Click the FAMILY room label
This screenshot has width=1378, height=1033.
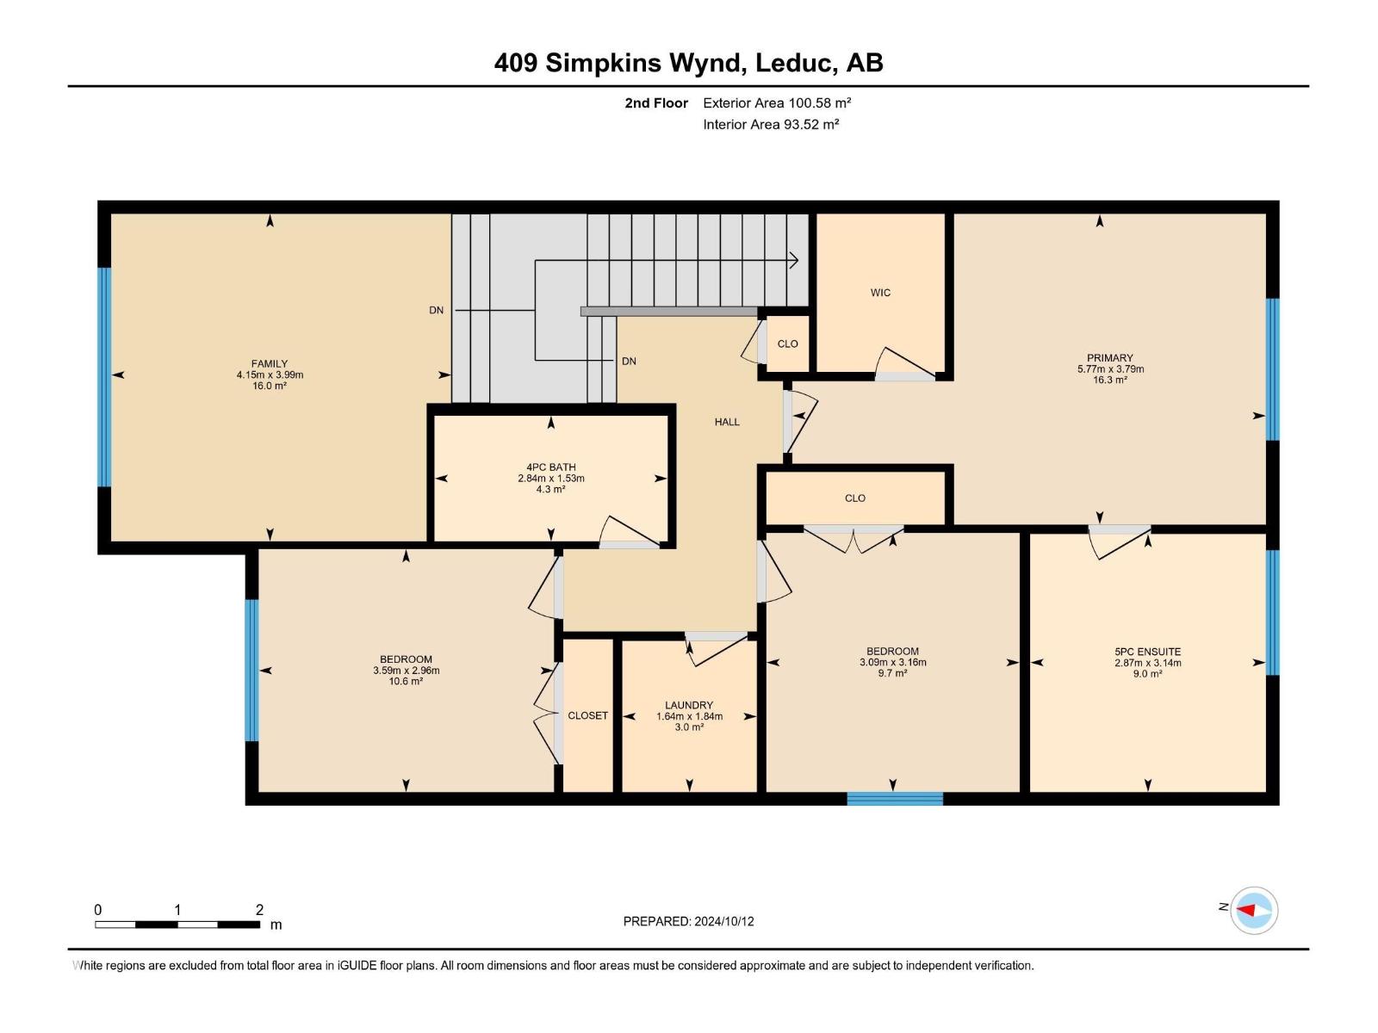point(270,364)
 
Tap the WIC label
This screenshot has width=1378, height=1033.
point(880,293)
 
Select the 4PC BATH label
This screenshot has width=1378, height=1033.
point(550,467)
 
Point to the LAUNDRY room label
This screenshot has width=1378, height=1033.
point(689,705)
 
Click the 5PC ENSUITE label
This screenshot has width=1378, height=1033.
point(1147,652)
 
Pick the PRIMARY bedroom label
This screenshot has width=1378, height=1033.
point(1110,358)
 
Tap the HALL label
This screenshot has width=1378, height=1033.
point(727,422)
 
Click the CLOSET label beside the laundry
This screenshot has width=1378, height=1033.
point(587,715)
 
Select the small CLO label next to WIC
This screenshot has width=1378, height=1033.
point(787,343)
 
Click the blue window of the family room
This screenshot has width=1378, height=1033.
point(104,377)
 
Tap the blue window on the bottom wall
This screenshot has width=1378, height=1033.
point(895,799)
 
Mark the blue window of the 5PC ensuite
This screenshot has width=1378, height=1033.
point(1273,612)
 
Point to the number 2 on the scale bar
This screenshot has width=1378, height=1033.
point(259,909)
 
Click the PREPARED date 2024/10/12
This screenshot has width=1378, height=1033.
point(723,921)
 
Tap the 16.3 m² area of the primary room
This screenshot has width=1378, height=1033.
point(1110,380)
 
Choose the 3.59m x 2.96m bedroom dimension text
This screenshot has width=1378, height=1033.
point(406,671)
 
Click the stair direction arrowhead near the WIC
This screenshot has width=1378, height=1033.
point(795,260)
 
